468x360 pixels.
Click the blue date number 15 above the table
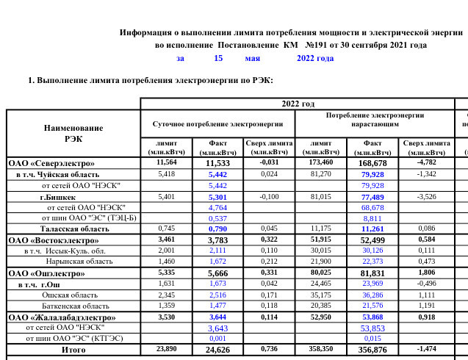point(218,58)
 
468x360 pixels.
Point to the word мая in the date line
point(253,58)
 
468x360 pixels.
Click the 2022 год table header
point(298,104)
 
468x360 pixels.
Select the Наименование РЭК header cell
point(73,133)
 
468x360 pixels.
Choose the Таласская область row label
point(74,229)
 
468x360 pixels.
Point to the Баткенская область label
point(77,306)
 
